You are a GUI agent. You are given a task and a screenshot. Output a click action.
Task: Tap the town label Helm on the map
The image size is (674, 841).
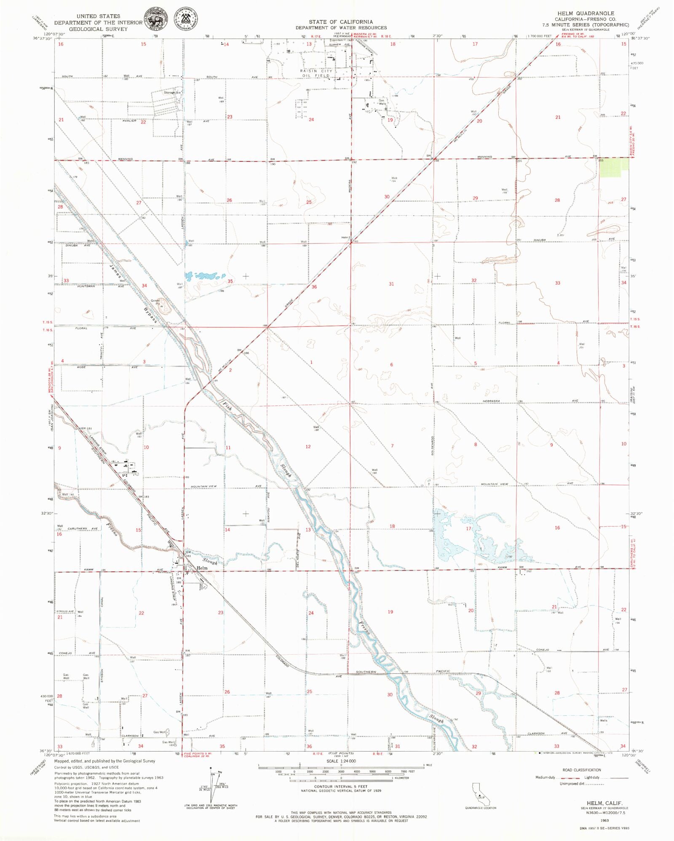coord(202,568)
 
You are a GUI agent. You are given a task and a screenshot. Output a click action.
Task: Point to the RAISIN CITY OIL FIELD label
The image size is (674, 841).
coord(316,73)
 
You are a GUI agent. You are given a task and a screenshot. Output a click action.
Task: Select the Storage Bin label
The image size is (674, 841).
coord(172,93)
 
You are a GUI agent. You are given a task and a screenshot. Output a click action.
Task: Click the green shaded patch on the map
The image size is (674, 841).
coord(614,167)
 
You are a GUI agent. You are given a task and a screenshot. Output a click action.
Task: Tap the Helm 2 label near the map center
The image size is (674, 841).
coord(346,238)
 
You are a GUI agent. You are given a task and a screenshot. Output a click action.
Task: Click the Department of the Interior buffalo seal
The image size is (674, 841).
coord(155,19)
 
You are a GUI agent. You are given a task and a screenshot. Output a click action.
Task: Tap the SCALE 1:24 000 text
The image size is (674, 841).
coord(341,761)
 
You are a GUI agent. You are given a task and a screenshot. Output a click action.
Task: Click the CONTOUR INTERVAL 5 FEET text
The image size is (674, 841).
coord(340,786)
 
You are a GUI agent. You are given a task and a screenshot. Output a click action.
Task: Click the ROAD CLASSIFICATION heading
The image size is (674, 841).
coord(581,770)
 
